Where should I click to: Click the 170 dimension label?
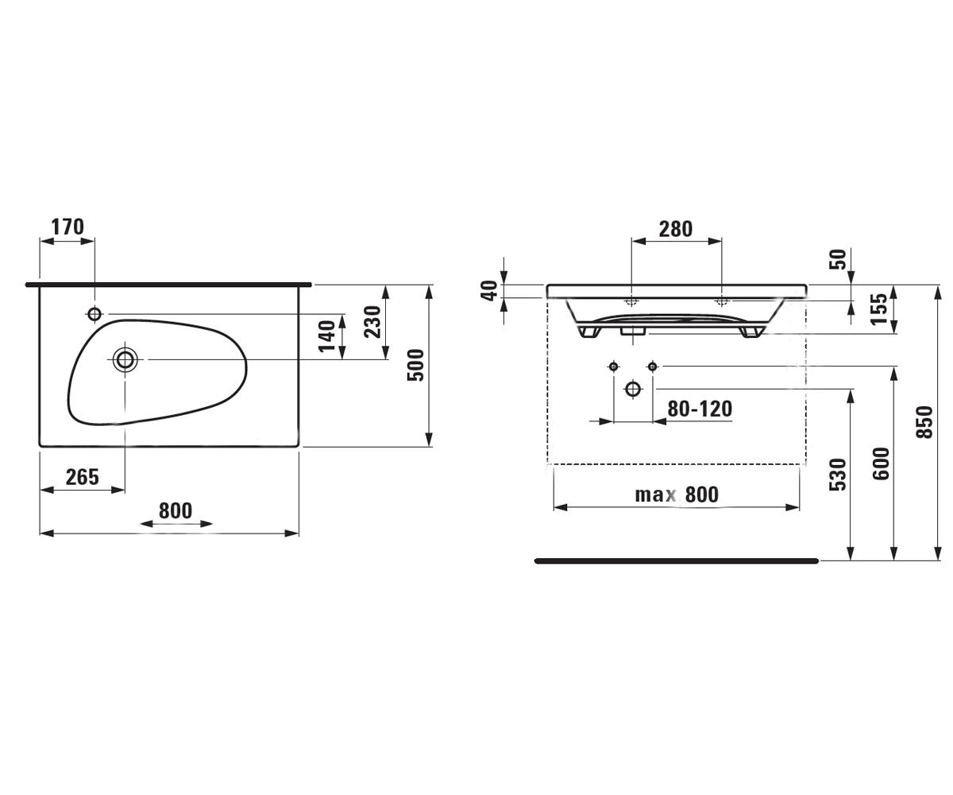pyautogui.click(x=68, y=227)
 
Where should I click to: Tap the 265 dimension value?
pyautogui.click(x=83, y=477)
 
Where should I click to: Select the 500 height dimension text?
pyautogui.click(x=416, y=365)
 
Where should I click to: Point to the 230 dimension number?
pyautogui.click(x=372, y=322)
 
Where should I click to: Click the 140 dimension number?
pyautogui.click(x=326, y=336)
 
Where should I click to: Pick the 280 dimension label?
pyautogui.click(x=676, y=229)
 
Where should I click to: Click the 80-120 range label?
pyautogui.click(x=700, y=409)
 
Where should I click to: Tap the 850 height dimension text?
pyautogui.click(x=924, y=422)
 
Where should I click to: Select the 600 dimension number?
pyautogui.click(x=881, y=463)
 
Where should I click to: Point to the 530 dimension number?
pyautogui.click(x=838, y=475)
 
